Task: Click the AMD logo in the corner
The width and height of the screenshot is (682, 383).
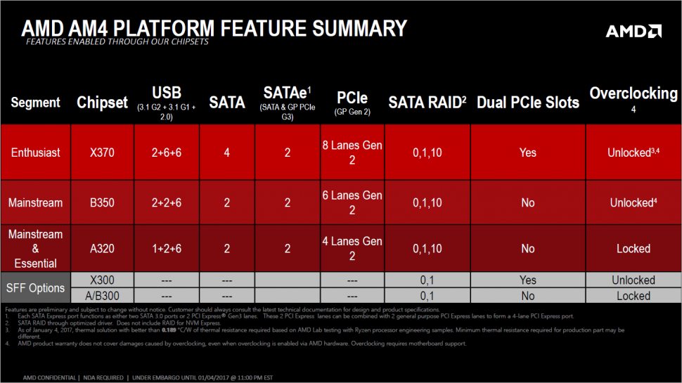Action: pyautogui.click(x=633, y=32)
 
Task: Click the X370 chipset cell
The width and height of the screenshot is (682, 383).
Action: pyautogui.click(x=102, y=152)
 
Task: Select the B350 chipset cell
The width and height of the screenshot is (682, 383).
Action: pyautogui.click(x=102, y=202)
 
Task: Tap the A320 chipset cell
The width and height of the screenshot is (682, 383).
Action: pyautogui.click(x=102, y=249)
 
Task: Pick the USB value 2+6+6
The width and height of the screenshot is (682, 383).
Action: pyautogui.click(x=167, y=152)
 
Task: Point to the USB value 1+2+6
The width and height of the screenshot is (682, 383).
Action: pyautogui.click(x=167, y=249)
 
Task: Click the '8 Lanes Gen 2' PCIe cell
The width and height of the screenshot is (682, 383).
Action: pyautogui.click(x=352, y=152)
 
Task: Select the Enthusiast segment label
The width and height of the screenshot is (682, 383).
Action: pyautogui.click(x=36, y=152)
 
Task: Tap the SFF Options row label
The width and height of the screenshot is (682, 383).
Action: pyautogui.click(x=36, y=288)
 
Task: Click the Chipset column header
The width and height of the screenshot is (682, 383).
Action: pyautogui.click(x=102, y=103)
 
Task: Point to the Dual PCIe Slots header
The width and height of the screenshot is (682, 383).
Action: pyautogui.click(x=528, y=103)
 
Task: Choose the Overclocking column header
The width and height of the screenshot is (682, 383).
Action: pyautogui.click(x=633, y=93)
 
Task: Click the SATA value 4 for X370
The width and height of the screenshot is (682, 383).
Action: pyautogui.click(x=226, y=152)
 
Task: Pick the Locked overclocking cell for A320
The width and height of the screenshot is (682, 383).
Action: pyautogui.click(x=633, y=249)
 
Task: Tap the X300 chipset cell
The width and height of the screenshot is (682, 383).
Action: pyautogui.click(x=102, y=280)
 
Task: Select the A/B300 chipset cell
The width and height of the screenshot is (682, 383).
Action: pyautogui.click(x=102, y=296)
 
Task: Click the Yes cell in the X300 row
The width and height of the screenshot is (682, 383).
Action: pyautogui.click(x=528, y=280)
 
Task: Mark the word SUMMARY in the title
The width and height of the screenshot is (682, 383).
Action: pyautogui.click(x=360, y=28)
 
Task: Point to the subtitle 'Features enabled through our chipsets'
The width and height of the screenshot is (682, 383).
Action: pyautogui.click(x=117, y=41)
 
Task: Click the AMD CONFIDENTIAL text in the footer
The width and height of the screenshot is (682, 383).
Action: pyautogui.click(x=49, y=378)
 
